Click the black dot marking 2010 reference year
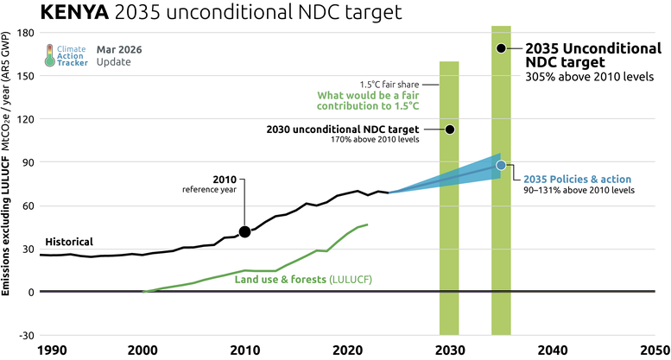244,231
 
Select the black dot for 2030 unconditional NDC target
449,129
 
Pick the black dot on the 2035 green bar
501,48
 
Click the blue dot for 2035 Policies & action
501,165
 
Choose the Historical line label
68,242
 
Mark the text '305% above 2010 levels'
590,77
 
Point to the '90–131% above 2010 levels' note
579,189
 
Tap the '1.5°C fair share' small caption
396,83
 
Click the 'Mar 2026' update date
115,50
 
